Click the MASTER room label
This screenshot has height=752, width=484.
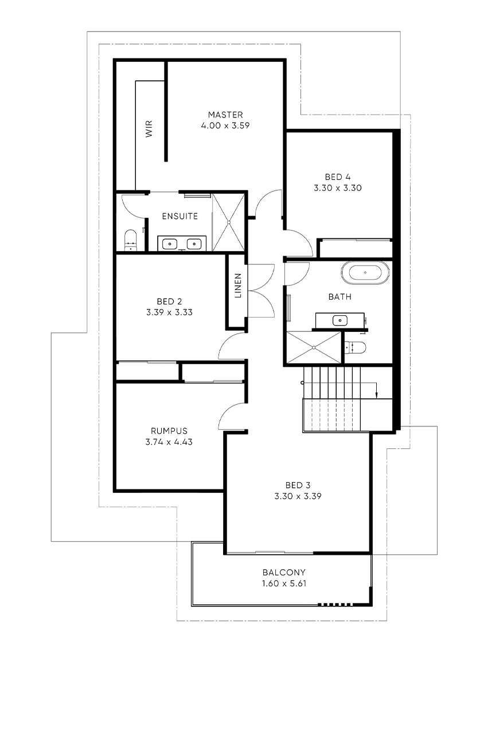coord(225,115)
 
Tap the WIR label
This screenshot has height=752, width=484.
coord(149,128)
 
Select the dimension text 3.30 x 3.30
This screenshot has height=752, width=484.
coord(338,188)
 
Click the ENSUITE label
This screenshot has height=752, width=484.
coord(180,216)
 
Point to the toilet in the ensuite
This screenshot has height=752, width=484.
coord(131,240)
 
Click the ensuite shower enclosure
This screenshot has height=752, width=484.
coord(228,222)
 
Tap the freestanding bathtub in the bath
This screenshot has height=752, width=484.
coord(365,273)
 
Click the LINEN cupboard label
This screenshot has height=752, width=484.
coord(238,285)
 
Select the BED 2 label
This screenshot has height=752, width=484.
coord(169,301)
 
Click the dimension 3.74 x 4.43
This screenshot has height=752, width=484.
coord(169,442)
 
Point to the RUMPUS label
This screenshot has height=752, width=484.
coord(169,431)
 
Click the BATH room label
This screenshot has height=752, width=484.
coord(340,297)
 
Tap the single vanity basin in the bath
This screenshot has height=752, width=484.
coord(340,320)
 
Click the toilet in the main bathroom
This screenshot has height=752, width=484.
coord(356,347)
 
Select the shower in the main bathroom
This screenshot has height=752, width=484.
coord(314,347)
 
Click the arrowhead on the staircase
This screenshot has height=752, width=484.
coord(377,396)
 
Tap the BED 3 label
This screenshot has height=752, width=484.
coord(298,485)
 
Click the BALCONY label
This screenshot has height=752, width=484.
coord(284,573)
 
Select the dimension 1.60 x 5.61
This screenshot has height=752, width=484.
coord(284,583)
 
